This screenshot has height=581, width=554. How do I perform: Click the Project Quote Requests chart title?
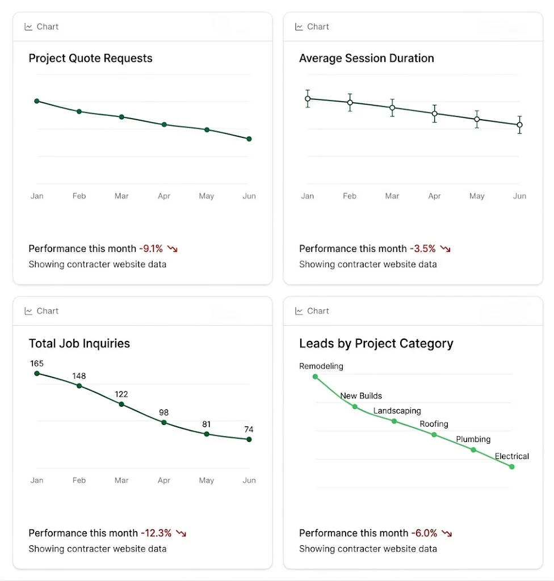[90, 58]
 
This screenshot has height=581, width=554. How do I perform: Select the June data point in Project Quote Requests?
[249, 139]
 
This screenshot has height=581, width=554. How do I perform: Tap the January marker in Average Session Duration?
[308, 99]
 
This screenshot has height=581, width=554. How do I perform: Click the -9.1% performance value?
[151, 249]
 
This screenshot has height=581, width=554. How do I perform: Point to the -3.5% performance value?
[423, 249]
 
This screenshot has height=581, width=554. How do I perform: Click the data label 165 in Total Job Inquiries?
[37, 364]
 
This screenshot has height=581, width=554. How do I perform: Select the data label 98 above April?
[164, 412]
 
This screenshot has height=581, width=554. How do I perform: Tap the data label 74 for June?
[249, 430]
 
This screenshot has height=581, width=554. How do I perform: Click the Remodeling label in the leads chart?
[321, 367]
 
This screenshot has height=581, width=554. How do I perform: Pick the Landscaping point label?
[397, 411]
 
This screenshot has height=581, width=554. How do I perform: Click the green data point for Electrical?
[512, 467]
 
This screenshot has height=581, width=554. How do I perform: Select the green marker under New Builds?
[355, 407]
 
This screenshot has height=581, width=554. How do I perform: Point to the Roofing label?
[434, 424]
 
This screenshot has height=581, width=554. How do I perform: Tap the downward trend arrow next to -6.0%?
[447, 533]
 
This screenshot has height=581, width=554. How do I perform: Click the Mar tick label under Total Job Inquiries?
[121, 481]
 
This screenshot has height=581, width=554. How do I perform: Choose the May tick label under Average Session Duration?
[477, 196]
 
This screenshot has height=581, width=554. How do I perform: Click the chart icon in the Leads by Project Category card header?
[299, 311]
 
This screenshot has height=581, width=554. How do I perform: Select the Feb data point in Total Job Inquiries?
[79, 386]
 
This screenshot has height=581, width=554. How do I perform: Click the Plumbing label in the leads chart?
[473, 439]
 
